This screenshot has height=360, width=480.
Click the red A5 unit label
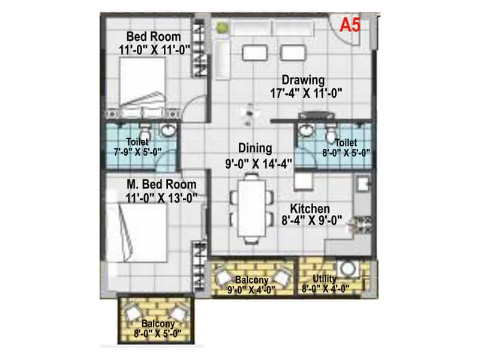(x=350, y=25)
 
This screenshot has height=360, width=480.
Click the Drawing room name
(x=304, y=80)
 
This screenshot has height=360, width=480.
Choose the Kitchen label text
(x=310, y=208)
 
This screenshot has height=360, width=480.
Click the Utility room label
(x=325, y=279)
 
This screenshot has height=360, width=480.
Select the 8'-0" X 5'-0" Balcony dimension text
(x=154, y=335)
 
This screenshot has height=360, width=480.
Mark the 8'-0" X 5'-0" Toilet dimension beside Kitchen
(x=346, y=152)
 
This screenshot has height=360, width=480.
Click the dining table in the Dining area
(x=251, y=206)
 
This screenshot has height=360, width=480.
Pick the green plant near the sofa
(x=221, y=27)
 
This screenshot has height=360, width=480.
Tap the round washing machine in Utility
(x=347, y=269)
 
